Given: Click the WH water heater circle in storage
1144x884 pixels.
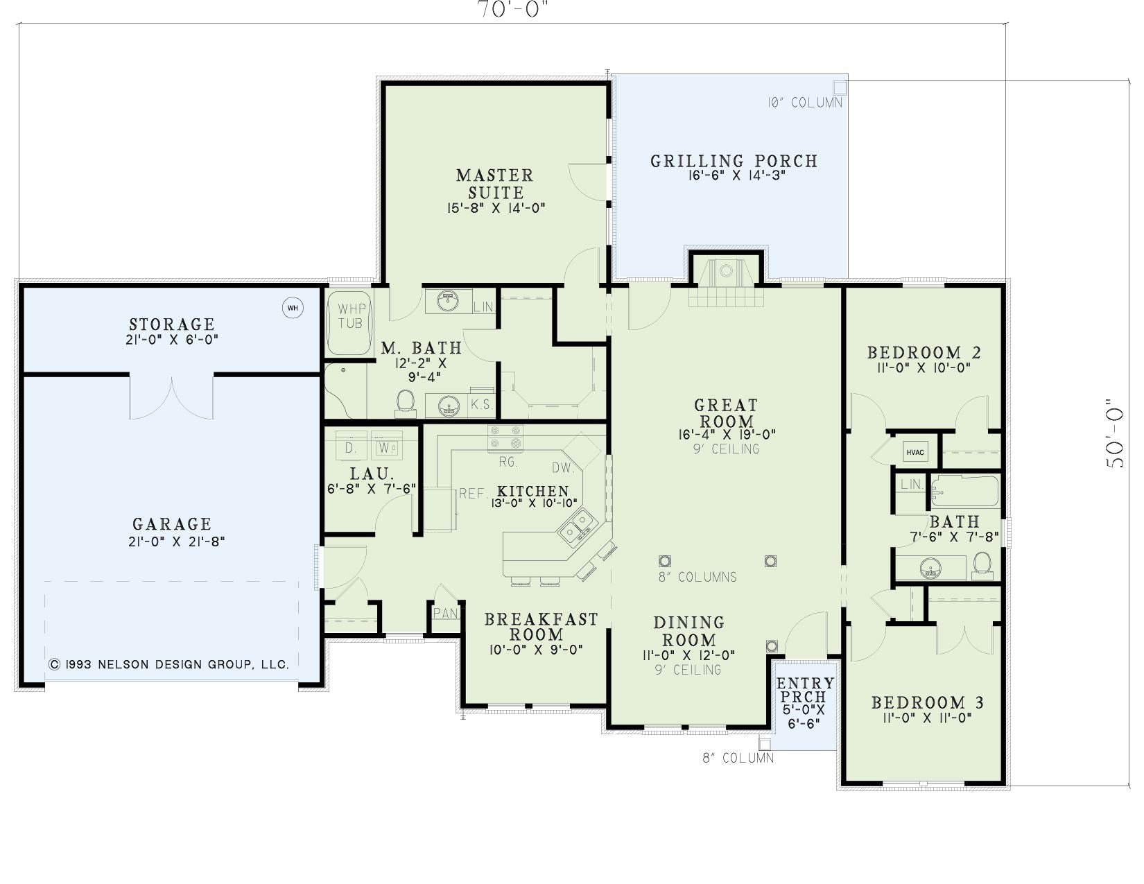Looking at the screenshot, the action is (x=293, y=308).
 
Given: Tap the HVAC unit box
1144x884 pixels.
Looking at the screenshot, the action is (x=915, y=452).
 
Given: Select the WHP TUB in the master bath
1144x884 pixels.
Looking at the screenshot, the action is (x=349, y=323).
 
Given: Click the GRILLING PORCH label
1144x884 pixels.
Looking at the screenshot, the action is (x=734, y=161).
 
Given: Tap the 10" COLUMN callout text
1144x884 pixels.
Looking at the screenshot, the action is (x=804, y=103).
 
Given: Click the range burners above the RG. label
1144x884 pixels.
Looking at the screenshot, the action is (x=505, y=438).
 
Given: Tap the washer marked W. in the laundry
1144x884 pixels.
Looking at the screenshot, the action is (x=386, y=447).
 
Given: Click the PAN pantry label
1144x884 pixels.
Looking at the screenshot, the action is (x=445, y=614).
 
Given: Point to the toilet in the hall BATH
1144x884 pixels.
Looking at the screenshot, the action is (x=982, y=564).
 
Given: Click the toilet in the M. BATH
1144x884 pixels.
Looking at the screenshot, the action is (x=405, y=403).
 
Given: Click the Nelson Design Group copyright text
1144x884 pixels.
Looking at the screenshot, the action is (x=168, y=664).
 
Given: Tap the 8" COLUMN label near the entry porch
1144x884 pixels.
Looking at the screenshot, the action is (x=738, y=759).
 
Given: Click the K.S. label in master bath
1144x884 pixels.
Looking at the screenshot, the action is (x=481, y=404).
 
